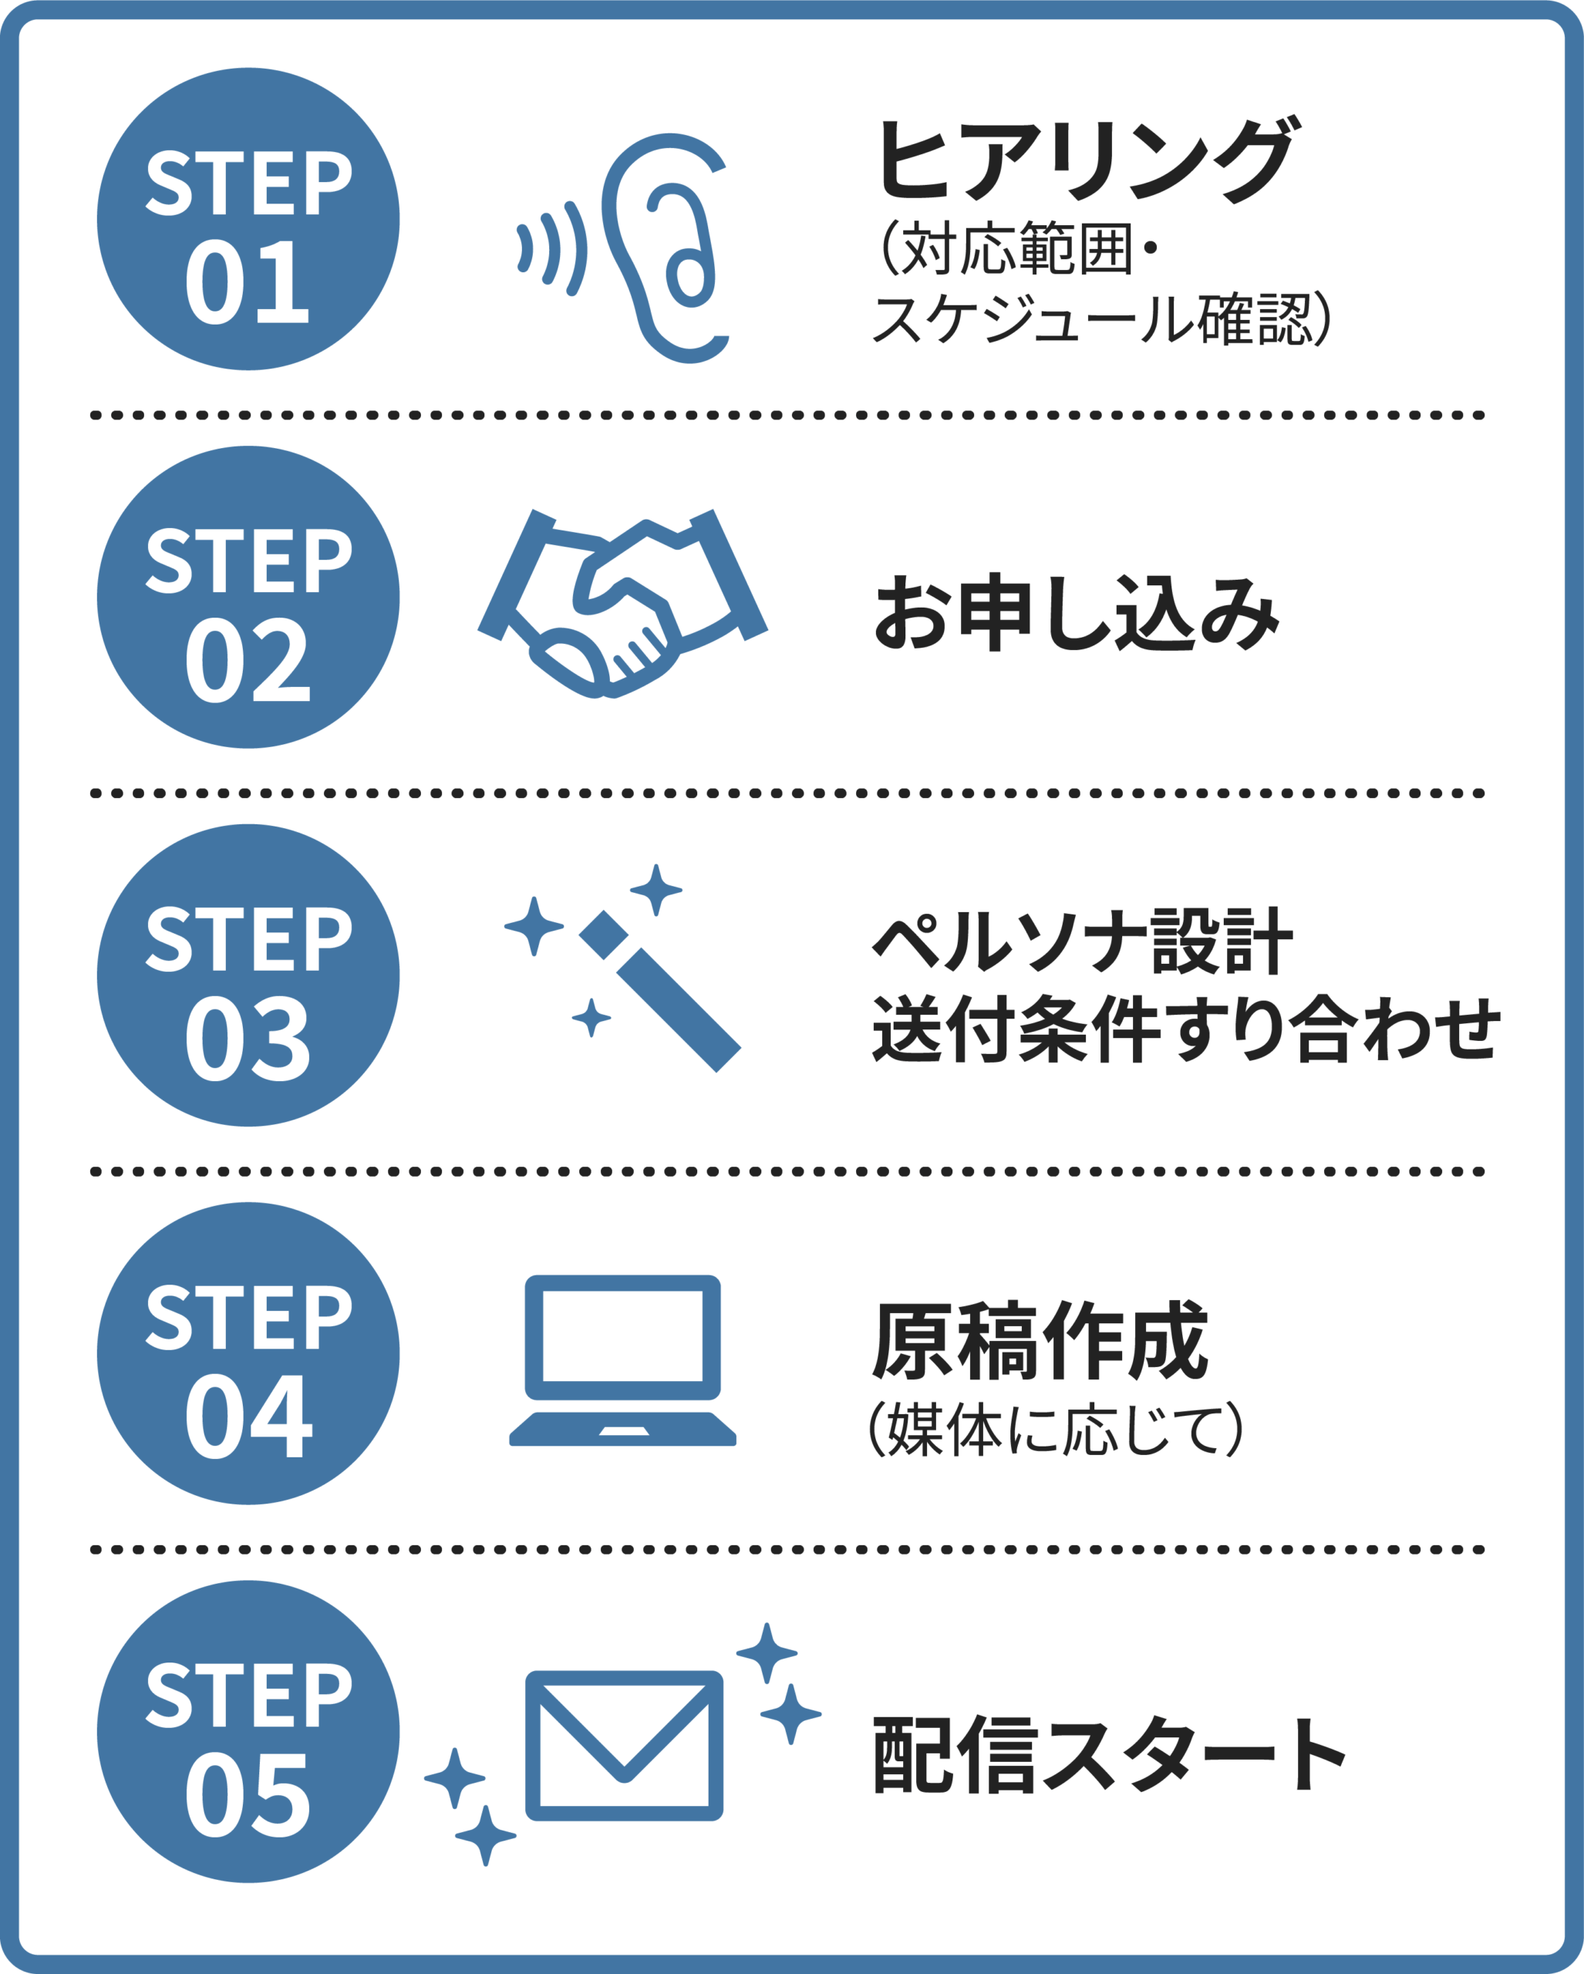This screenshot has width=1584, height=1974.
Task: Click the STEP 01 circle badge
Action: (x=248, y=219)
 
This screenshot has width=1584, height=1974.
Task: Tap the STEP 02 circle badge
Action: (x=248, y=597)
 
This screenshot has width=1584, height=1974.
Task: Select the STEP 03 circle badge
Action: (x=248, y=975)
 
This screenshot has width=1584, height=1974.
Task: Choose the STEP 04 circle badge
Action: (x=248, y=1353)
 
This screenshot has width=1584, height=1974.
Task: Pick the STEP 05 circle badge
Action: (x=248, y=1731)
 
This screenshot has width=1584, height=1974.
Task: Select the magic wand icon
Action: (x=659, y=989)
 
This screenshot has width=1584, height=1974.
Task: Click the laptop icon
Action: (x=622, y=1359)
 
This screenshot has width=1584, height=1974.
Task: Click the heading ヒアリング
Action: (x=1085, y=160)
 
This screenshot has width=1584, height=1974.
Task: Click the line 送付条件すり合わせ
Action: (x=1187, y=1029)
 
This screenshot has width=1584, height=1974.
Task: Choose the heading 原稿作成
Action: (x=1040, y=1342)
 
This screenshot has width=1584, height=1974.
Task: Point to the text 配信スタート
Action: (x=1108, y=1753)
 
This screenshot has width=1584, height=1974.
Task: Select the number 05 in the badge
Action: (x=248, y=1794)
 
